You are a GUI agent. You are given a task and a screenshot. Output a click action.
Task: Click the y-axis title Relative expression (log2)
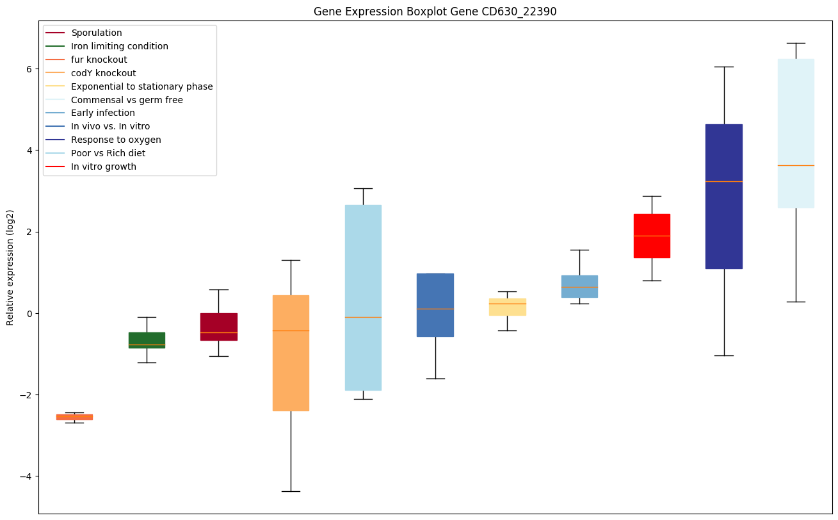pyautogui.click(x=10, y=267)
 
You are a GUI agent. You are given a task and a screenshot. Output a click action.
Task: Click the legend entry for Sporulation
pyautogui.click(x=97, y=33)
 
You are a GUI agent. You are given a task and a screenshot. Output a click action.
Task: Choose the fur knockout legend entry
pyautogui.click(x=99, y=60)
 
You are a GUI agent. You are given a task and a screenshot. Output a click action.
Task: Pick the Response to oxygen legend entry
pyautogui.click(x=116, y=140)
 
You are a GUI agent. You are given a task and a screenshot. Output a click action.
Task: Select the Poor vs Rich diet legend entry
pyautogui.click(x=108, y=153)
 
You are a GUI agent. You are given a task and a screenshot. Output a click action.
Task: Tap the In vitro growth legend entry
pyautogui.click(x=104, y=167)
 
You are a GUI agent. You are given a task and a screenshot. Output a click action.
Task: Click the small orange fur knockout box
pyautogui.click(x=74, y=417)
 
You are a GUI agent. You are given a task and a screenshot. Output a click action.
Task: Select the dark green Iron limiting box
pyautogui.click(x=147, y=339)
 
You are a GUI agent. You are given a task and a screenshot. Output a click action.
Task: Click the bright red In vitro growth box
pyautogui.click(x=652, y=236)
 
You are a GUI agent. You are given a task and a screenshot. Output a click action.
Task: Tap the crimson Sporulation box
pyautogui.click(x=219, y=326)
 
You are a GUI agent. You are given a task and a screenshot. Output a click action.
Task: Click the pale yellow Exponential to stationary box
pyautogui.click(x=508, y=307)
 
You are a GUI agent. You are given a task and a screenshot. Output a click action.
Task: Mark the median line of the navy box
pyautogui.click(x=724, y=181)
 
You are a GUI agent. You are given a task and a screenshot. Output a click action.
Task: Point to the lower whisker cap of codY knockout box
pyautogui.click(x=291, y=491)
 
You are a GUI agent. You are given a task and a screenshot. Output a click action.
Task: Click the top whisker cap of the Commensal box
pyautogui.click(x=796, y=43)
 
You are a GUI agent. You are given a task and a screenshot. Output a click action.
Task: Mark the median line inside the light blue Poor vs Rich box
pyautogui.click(x=363, y=317)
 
